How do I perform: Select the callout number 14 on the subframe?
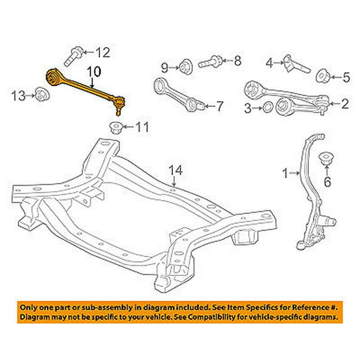coord(176,171)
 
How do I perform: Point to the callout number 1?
coord(286,174)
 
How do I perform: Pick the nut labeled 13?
coord(42,94)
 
